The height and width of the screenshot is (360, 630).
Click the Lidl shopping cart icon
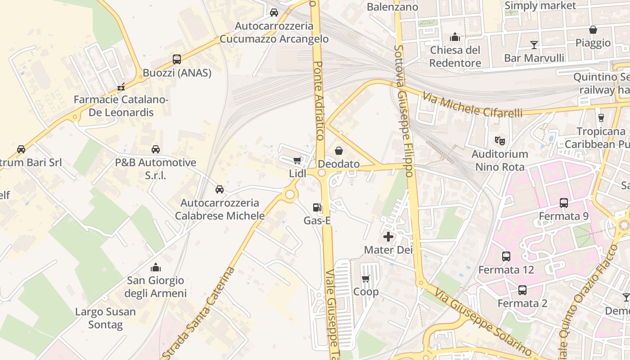tap(297, 161)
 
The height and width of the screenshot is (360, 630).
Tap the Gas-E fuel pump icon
tap(317, 207)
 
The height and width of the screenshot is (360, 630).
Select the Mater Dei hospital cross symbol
tap(388, 237)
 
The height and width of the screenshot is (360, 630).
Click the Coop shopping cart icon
tap(366, 279)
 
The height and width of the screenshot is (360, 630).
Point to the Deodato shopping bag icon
tap(339, 151)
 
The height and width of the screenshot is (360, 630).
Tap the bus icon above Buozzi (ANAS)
tap(177, 59)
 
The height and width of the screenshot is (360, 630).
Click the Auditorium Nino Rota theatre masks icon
tap(499, 141)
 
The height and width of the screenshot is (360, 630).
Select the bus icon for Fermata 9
tap(564, 203)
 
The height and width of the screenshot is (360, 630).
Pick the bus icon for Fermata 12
tap(506, 256)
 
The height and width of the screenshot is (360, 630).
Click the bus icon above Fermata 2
tap(522, 290)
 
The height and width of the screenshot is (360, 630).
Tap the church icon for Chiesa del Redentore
tap(455, 36)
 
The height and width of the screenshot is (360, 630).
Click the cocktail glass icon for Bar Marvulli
tap(534, 45)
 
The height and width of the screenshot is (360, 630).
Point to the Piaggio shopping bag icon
tap(593, 30)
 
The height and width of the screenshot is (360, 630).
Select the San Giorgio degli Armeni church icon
tap(156, 267)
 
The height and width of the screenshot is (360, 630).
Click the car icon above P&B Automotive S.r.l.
tap(156, 149)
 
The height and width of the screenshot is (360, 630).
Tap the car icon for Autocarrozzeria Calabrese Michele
tap(220, 189)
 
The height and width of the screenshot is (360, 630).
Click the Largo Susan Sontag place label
tap(105, 318)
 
